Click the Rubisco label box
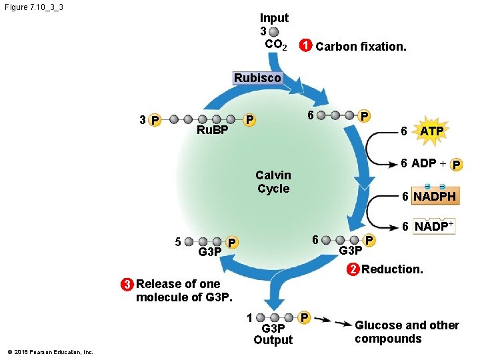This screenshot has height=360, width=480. point(257,78)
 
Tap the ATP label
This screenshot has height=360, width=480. point(431,131)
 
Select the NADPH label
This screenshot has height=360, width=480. point(434,197)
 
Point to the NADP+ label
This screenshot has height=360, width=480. point(434,226)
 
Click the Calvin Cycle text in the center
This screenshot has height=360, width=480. point(273,182)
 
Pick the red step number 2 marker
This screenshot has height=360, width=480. point(352,269)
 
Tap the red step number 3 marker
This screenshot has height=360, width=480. point(126,284)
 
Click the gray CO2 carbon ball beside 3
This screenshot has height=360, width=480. point(275,31)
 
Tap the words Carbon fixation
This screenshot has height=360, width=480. point(361,47)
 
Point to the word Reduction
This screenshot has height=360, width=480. point(392,269)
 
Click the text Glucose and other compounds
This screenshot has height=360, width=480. point(407,332)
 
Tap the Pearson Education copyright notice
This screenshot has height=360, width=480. point(50,352)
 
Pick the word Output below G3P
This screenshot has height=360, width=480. point(273,340)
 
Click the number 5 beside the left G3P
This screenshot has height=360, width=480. point(178,241)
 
